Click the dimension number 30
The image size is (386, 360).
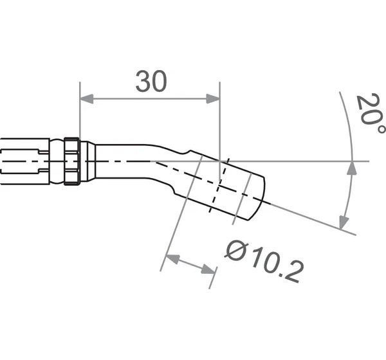tap(151, 81)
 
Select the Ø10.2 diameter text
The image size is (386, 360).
tap(264, 261)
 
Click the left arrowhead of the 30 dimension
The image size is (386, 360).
tap(86, 98)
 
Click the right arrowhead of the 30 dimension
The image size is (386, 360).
tap(213, 98)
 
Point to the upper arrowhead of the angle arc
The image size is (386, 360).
tap(352, 168)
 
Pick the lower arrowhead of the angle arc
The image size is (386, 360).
tap(344, 222)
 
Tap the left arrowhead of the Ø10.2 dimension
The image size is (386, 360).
tap(173, 259)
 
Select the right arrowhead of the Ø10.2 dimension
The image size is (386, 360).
tap(208, 269)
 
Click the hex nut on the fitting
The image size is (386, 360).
tap(71, 161)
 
